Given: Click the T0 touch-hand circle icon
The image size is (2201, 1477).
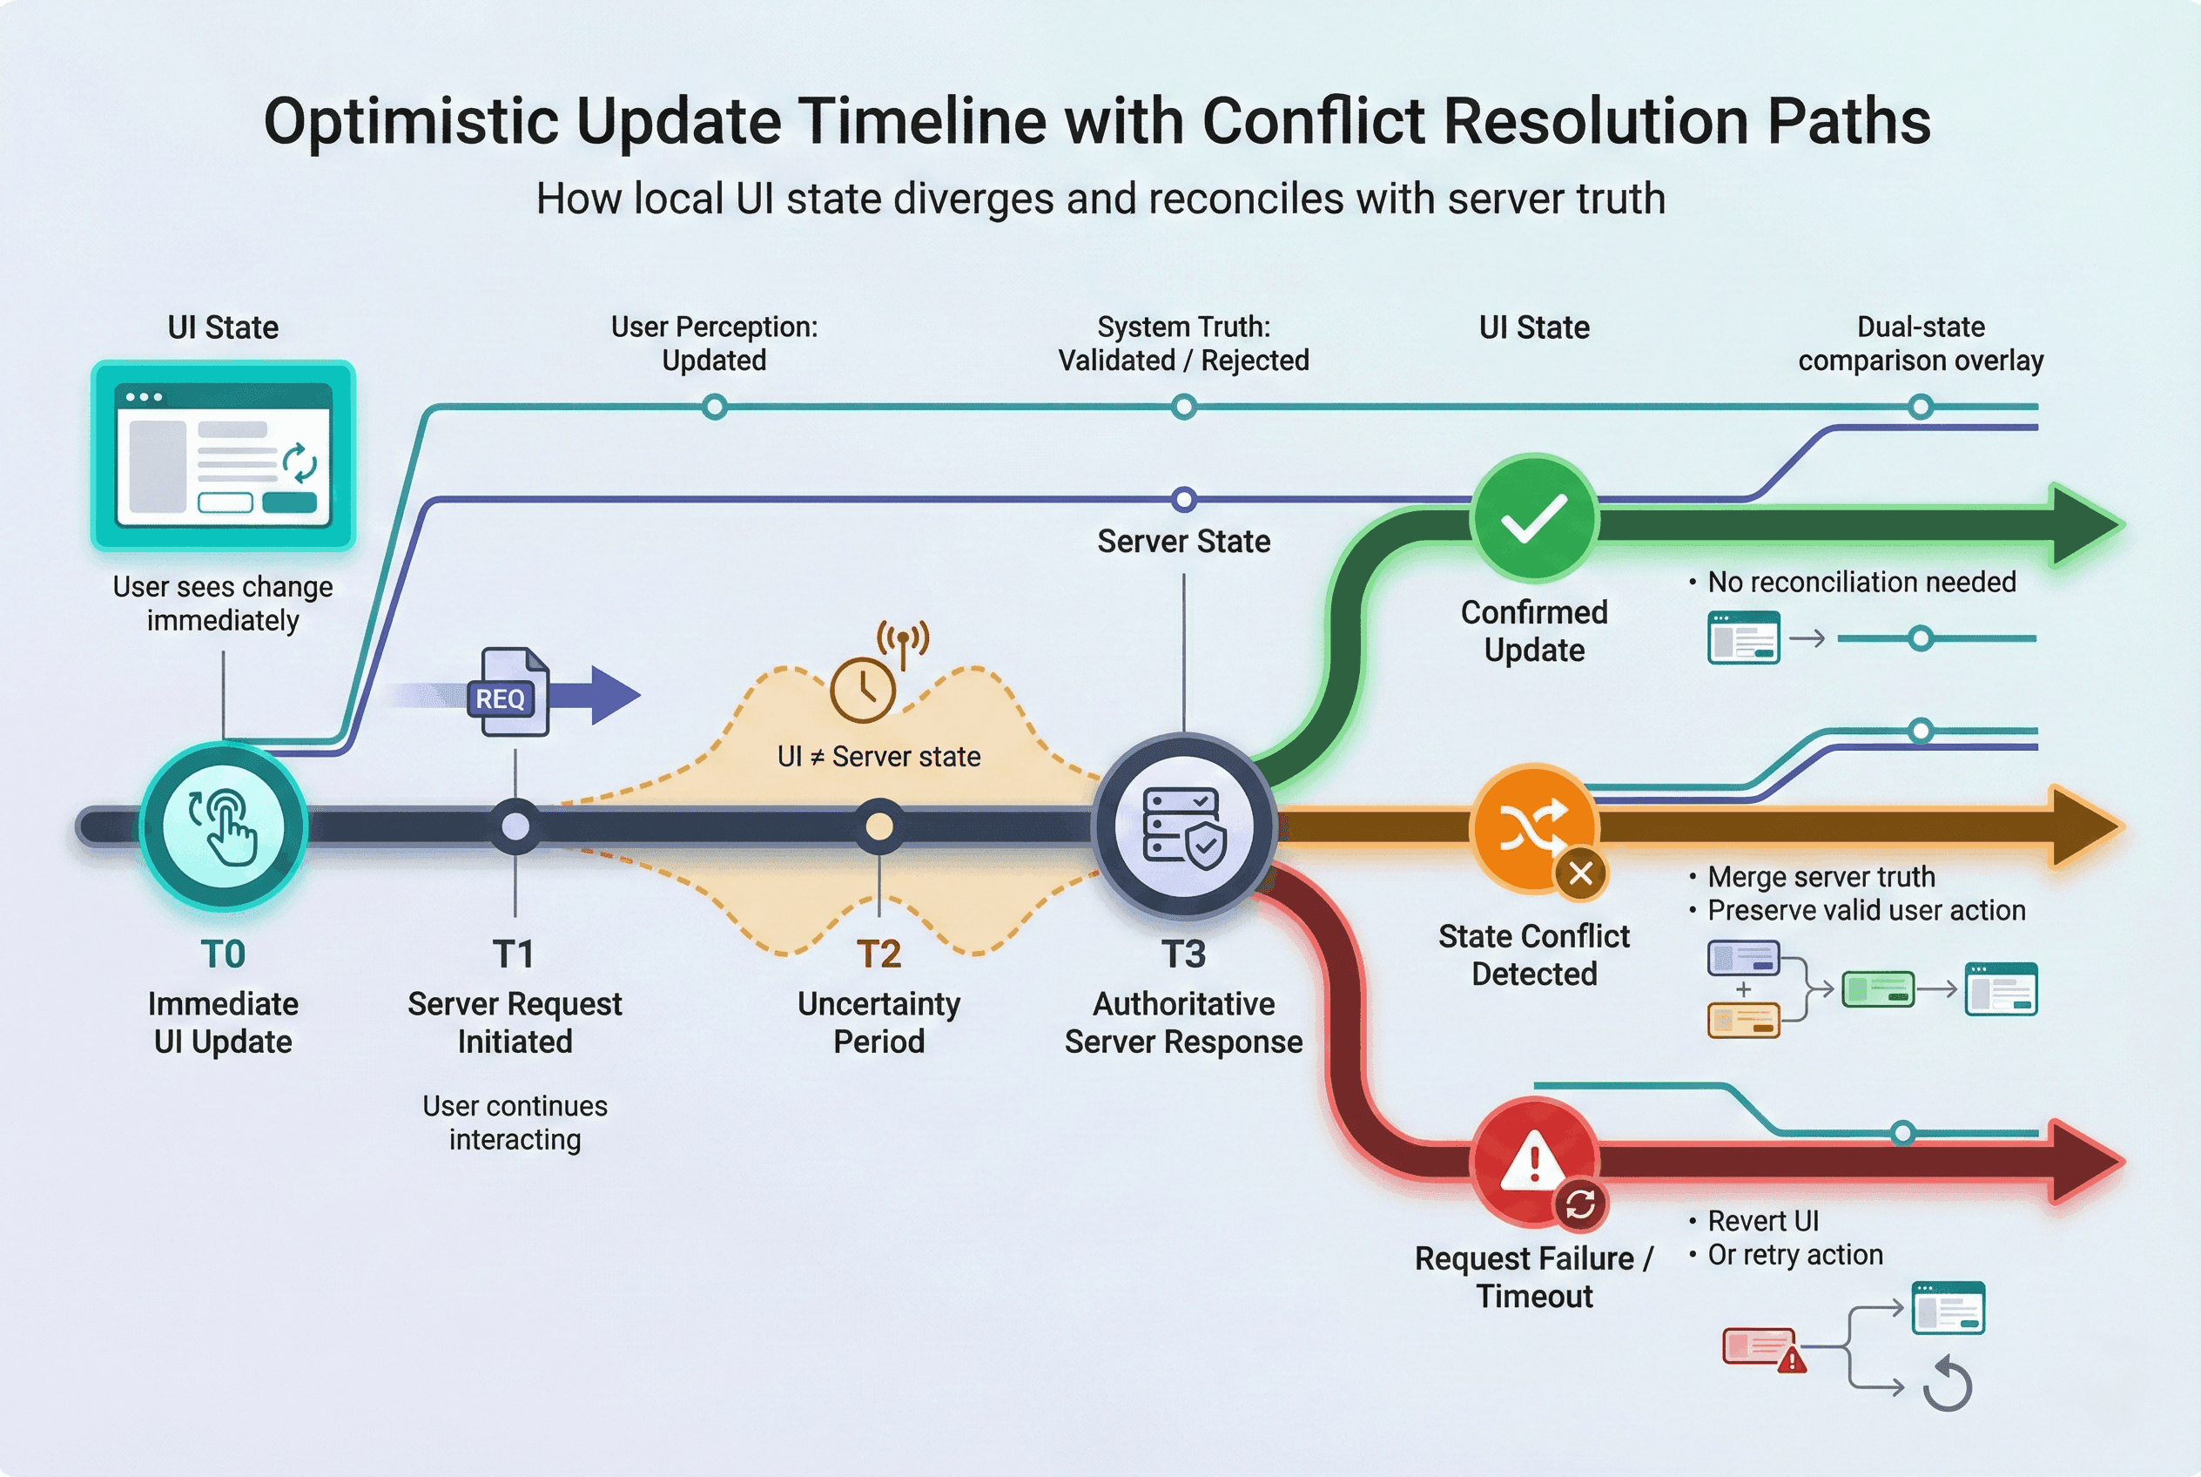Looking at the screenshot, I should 223,826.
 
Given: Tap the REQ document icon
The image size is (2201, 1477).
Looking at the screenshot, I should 508,693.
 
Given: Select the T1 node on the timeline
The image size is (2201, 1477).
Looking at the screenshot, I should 515,826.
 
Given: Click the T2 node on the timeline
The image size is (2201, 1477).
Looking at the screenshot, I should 878,826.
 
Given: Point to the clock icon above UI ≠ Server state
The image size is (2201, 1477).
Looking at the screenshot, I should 863,690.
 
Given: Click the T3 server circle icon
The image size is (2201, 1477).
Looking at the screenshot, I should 1183,826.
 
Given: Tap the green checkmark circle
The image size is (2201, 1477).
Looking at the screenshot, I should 1534,518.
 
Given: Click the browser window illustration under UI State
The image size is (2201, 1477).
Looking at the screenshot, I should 223,454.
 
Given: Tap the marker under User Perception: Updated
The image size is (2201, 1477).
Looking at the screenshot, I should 715,407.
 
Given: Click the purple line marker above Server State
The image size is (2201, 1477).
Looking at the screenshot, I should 1184,498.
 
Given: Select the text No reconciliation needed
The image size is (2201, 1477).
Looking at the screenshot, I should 1861,582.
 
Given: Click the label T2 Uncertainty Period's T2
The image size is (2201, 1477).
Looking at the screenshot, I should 878,954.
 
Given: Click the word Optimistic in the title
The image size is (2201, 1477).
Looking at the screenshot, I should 412,122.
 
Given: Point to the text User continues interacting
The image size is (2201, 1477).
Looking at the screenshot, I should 515,1122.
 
